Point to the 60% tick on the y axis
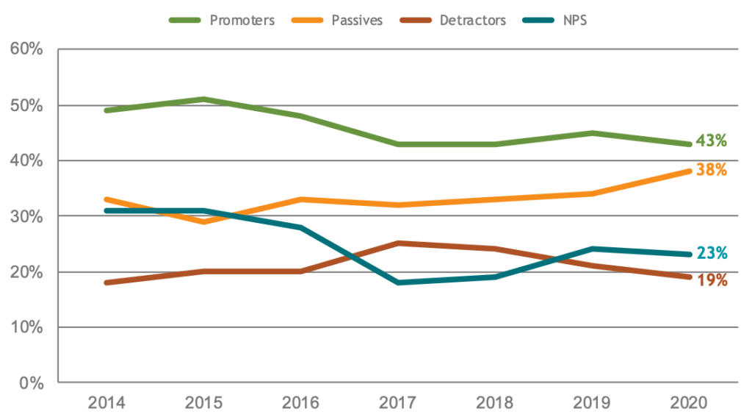[27, 50]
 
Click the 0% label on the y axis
[32, 383]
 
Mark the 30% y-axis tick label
[27, 216]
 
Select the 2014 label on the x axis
[106, 402]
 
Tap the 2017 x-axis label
[398, 402]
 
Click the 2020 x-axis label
[689, 402]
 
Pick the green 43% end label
[711, 140]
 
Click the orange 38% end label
[711, 170]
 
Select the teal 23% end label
[711, 253]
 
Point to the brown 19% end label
[711, 280]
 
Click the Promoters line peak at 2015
[203, 99]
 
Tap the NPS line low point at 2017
[398, 282]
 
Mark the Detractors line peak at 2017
[398, 243]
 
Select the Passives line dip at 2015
[203, 221]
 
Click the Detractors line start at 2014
[106, 282]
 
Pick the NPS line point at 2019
[592, 249]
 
